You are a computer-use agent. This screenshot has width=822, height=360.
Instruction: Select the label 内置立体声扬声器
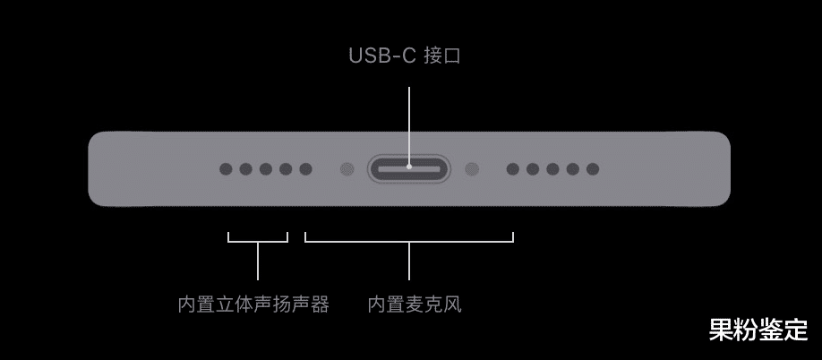(253, 304)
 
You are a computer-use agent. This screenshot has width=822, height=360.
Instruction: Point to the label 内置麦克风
(415, 304)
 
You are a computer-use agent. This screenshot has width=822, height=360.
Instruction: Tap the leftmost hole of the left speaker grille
(226, 168)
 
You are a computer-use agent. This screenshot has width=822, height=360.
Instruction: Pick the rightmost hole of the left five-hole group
(305, 168)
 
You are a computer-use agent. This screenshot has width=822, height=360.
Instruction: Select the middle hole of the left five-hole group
(266, 168)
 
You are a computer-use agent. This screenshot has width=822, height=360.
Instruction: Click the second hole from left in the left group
(245, 168)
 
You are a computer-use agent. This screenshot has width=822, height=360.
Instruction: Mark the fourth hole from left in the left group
(286, 168)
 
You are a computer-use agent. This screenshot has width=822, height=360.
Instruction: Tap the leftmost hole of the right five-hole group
(512, 168)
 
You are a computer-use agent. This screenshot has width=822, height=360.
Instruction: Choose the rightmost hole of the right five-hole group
(592, 168)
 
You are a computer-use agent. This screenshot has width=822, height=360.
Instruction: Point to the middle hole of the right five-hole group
(552, 168)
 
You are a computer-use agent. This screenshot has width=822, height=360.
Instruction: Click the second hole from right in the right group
(572, 168)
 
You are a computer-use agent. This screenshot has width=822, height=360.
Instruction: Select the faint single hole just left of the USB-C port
(346, 168)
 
